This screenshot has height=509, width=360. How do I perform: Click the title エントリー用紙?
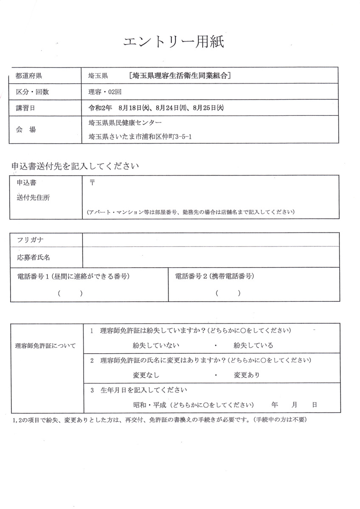pyautogui.click(x=173, y=42)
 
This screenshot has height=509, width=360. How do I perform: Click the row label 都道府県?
pyautogui.click(x=29, y=76)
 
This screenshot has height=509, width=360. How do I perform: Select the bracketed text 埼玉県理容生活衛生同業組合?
pyautogui.click(x=180, y=76)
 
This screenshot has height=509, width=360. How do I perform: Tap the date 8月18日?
pyautogui.click(x=134, y=108)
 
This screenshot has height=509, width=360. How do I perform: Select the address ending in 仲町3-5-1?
pyautogui.click(x=137, y=137)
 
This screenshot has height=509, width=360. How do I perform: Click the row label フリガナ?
pyautogui.click(x=30, y=240)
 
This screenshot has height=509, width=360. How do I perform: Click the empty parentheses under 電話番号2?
pyautogui.click(x=228, y=293)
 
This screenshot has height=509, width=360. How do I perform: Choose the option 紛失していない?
pyautogui.click(x=156, y=345)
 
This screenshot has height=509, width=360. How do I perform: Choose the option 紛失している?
pyautogui.click(x=253, y=345)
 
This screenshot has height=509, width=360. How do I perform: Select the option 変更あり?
pyautogui.click(x=247, y=375)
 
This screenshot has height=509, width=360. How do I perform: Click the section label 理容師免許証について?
pyautogui.click(x=45, y=346)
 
